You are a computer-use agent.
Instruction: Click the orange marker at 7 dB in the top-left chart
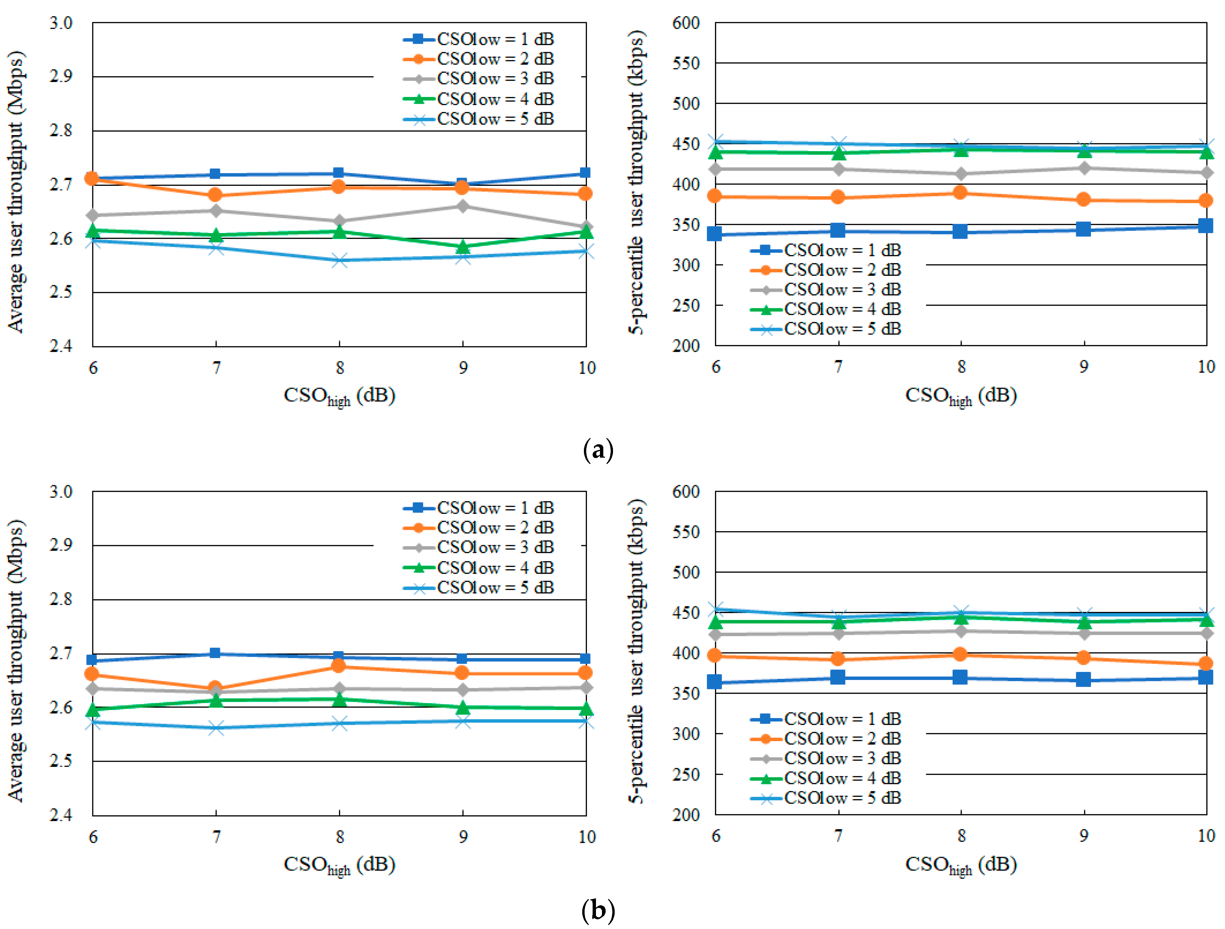click(x=216, y=195)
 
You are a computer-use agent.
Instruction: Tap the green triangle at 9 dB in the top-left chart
click(x=463, y=246)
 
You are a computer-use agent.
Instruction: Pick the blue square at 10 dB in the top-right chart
click(x=1206, y=225)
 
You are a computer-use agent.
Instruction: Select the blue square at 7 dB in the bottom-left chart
click(x=216, y=653)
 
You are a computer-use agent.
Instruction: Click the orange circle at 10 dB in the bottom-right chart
click(x=1206, y=663)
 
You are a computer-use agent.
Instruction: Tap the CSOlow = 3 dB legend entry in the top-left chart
click(x=479, y=79)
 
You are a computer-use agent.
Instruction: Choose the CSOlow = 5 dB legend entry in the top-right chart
click(x=826, y=329)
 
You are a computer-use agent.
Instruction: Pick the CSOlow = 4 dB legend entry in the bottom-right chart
click(x=826, y=778)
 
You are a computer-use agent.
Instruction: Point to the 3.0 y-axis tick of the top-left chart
click(x=61, y=23)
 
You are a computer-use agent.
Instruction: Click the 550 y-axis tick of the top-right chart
click(x=686, y=63)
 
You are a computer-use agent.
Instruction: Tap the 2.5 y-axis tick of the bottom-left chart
click(x=61, y=761)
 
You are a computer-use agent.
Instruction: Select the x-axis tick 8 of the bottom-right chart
click(x=961, y=835)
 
